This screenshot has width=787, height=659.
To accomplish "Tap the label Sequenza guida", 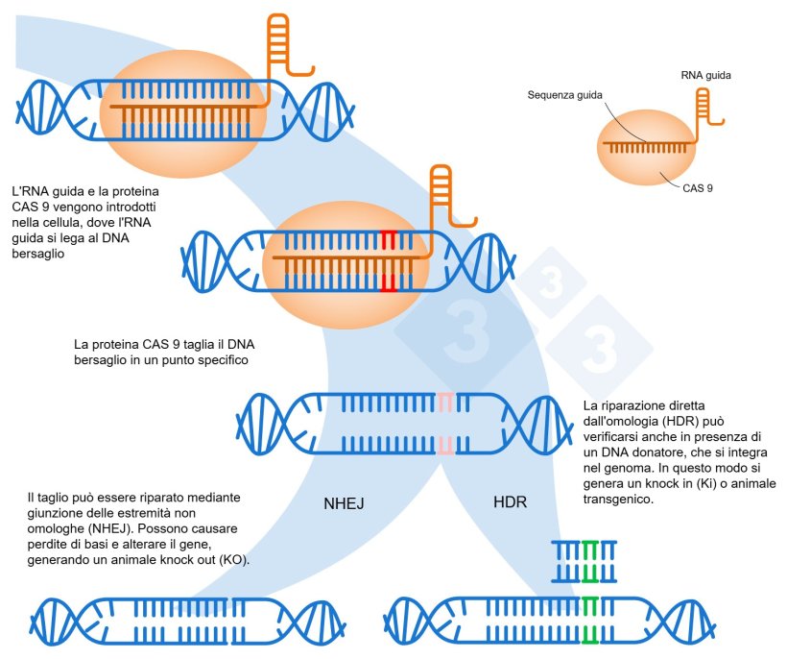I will [x=565, y=95].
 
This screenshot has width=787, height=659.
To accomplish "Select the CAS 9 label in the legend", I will [x=698, y=188].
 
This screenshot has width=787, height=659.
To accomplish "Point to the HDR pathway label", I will [x=510, y=502].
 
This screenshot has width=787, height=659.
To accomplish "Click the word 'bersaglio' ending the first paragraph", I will [x=39, y=253].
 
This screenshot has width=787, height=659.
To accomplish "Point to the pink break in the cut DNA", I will [x=445, y=423].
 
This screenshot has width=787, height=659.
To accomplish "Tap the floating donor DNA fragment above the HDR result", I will [x=584, y=561].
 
